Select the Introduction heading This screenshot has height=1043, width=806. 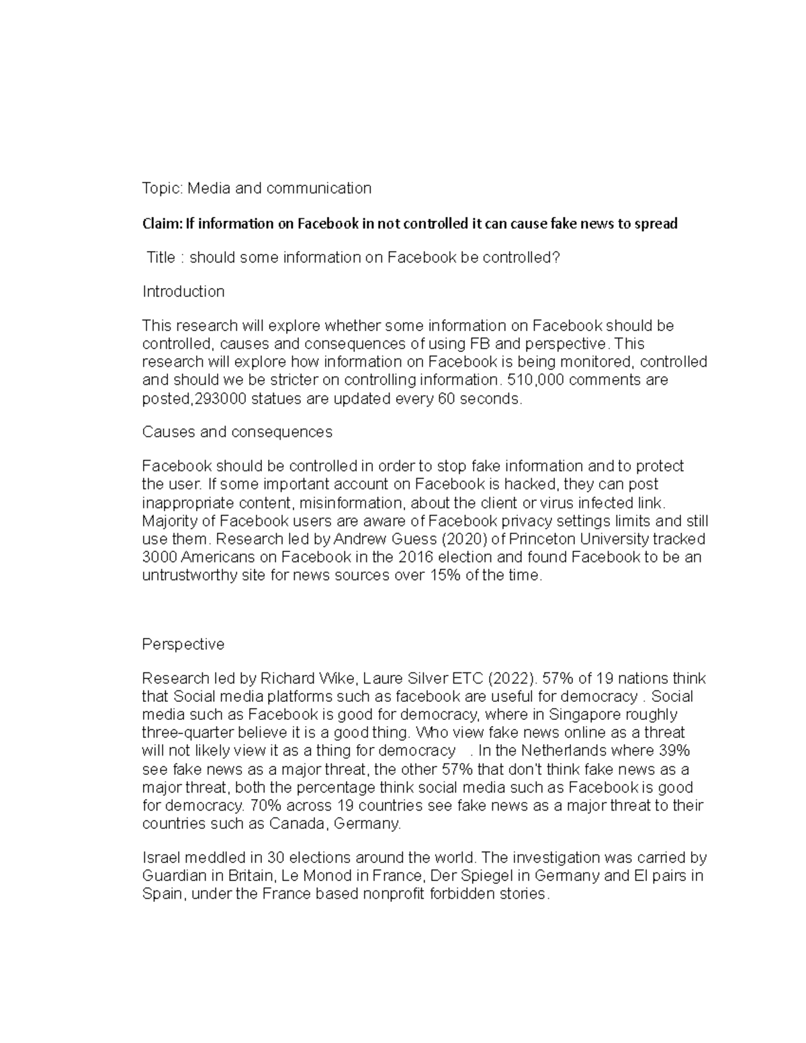(x=183, y=291)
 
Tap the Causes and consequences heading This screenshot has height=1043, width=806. (x=237, y=432)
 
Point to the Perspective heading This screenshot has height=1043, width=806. (x=183, y=645)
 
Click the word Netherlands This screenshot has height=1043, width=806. (x=570, y=751)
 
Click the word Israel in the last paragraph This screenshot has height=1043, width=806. (x=161, y=858)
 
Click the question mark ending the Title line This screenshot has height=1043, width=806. (x=555, y=257)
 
